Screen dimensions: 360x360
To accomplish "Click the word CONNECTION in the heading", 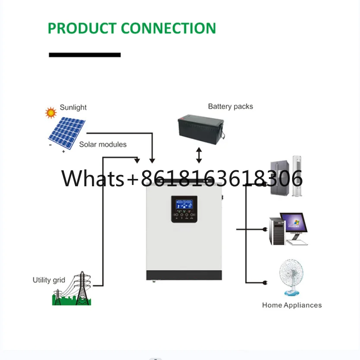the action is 168,28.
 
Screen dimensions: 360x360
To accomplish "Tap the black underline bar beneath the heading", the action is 85,55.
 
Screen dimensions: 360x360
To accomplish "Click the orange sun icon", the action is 51,113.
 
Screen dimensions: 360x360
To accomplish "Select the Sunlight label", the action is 73,108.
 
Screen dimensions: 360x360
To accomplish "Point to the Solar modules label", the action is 103,144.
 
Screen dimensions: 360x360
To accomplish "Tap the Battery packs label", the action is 230,106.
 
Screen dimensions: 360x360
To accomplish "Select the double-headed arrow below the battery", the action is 199,155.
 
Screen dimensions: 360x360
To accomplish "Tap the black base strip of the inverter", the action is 184,275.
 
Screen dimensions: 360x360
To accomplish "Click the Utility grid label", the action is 49,280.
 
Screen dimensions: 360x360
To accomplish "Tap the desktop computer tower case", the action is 276,231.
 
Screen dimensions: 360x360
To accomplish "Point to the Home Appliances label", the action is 292,305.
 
